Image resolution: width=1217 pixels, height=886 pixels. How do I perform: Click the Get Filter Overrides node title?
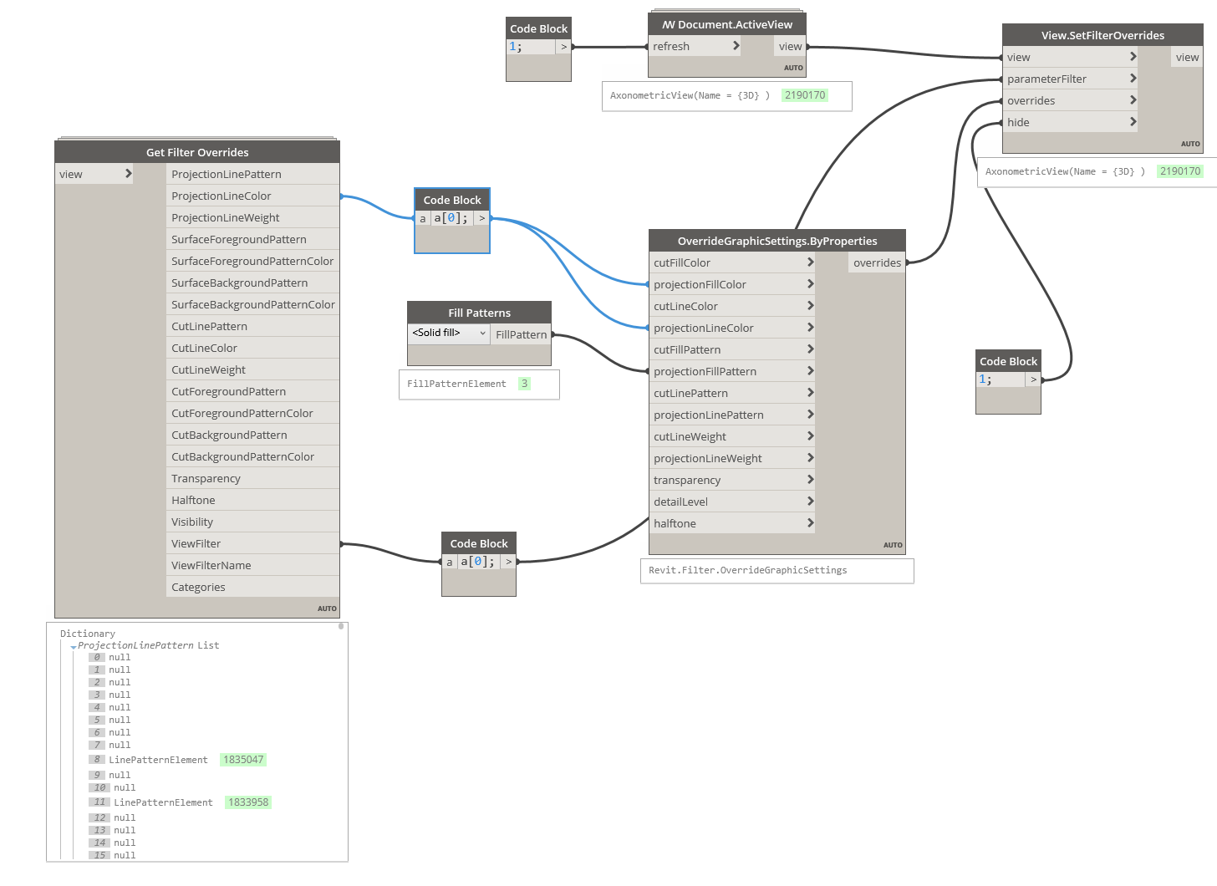[x=197, y=152]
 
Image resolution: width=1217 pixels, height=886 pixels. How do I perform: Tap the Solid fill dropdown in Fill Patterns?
[x=449, y=333]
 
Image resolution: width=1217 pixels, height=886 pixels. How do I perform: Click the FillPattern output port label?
[x=521, y=334]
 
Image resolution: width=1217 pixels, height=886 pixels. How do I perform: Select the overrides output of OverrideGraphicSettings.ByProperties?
[x=877, y=262]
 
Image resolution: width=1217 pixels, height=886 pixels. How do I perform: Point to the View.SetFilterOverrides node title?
[x=1102, y=35]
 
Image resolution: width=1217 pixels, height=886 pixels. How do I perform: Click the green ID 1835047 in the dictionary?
[x=243, y=760]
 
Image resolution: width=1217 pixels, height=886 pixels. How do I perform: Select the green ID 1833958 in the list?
[x=248, y=802]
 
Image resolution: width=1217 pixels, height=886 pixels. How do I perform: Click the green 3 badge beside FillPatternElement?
[x=524, y=384]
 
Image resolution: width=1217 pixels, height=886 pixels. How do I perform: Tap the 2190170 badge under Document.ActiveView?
[x=805, y=95]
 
